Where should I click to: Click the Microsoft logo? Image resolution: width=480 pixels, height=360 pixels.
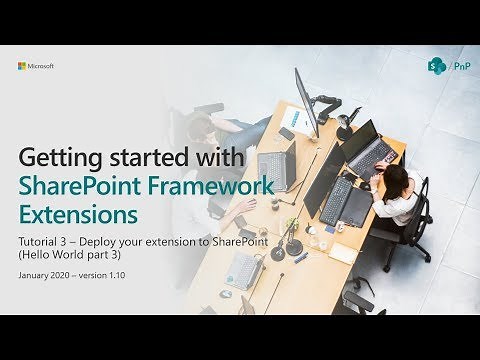click(35, 66)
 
